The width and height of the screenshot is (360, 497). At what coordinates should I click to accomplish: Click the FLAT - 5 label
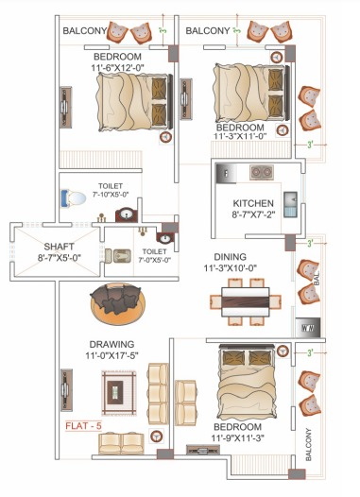[84, 425]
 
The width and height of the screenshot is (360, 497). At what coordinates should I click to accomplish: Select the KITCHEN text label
[253, 203]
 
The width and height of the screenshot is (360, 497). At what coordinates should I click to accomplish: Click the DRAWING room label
[111, 344]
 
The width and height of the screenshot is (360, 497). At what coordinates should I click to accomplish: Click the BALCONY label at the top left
[84, 32]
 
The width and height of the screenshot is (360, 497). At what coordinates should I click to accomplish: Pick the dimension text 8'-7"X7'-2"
[253, 216]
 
